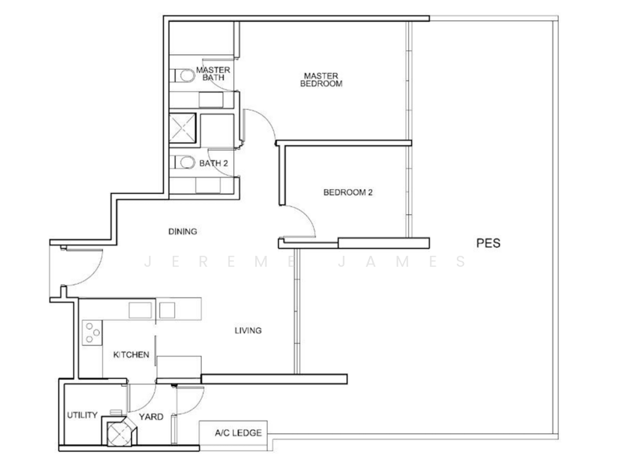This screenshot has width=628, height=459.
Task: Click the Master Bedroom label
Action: pyautogui.click(x=321, y=79)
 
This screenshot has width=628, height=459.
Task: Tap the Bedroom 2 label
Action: pyautogui.click(x=348, y=192)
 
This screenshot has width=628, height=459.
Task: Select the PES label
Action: pyautogui.click(x=488, y=243)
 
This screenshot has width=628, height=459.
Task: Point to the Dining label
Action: pyautogui.click(x=183, y=231)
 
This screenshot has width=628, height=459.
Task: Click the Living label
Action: pyautogui.click(x=248, y=330)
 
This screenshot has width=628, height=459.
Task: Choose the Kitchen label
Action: pyautogui.click(x=131, y=355)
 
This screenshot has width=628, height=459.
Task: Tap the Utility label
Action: pyautogui.click(x=82, y=415)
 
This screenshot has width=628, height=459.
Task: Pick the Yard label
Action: pyautogui.click(x=151, y=417)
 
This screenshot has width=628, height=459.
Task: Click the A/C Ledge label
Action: pyautogui.click(x=239, y=432)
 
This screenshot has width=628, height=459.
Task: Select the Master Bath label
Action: pyautogui.click(x=213, y=74)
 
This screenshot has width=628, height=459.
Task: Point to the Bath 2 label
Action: pyautogui.click(x=214, y=163)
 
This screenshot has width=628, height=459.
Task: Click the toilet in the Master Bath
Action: pyautogui.click(x=182, y=75)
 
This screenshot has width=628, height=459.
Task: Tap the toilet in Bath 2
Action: pyautogui.click(x=182, y=162)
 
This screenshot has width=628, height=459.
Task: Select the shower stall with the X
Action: pyautogui.click(x=183, y=128)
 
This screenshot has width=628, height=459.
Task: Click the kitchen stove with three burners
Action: pyautogui.click(x=92, y=333)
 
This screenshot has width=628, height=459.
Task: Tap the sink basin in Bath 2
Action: pyautogui.click(x=207, y=186)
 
